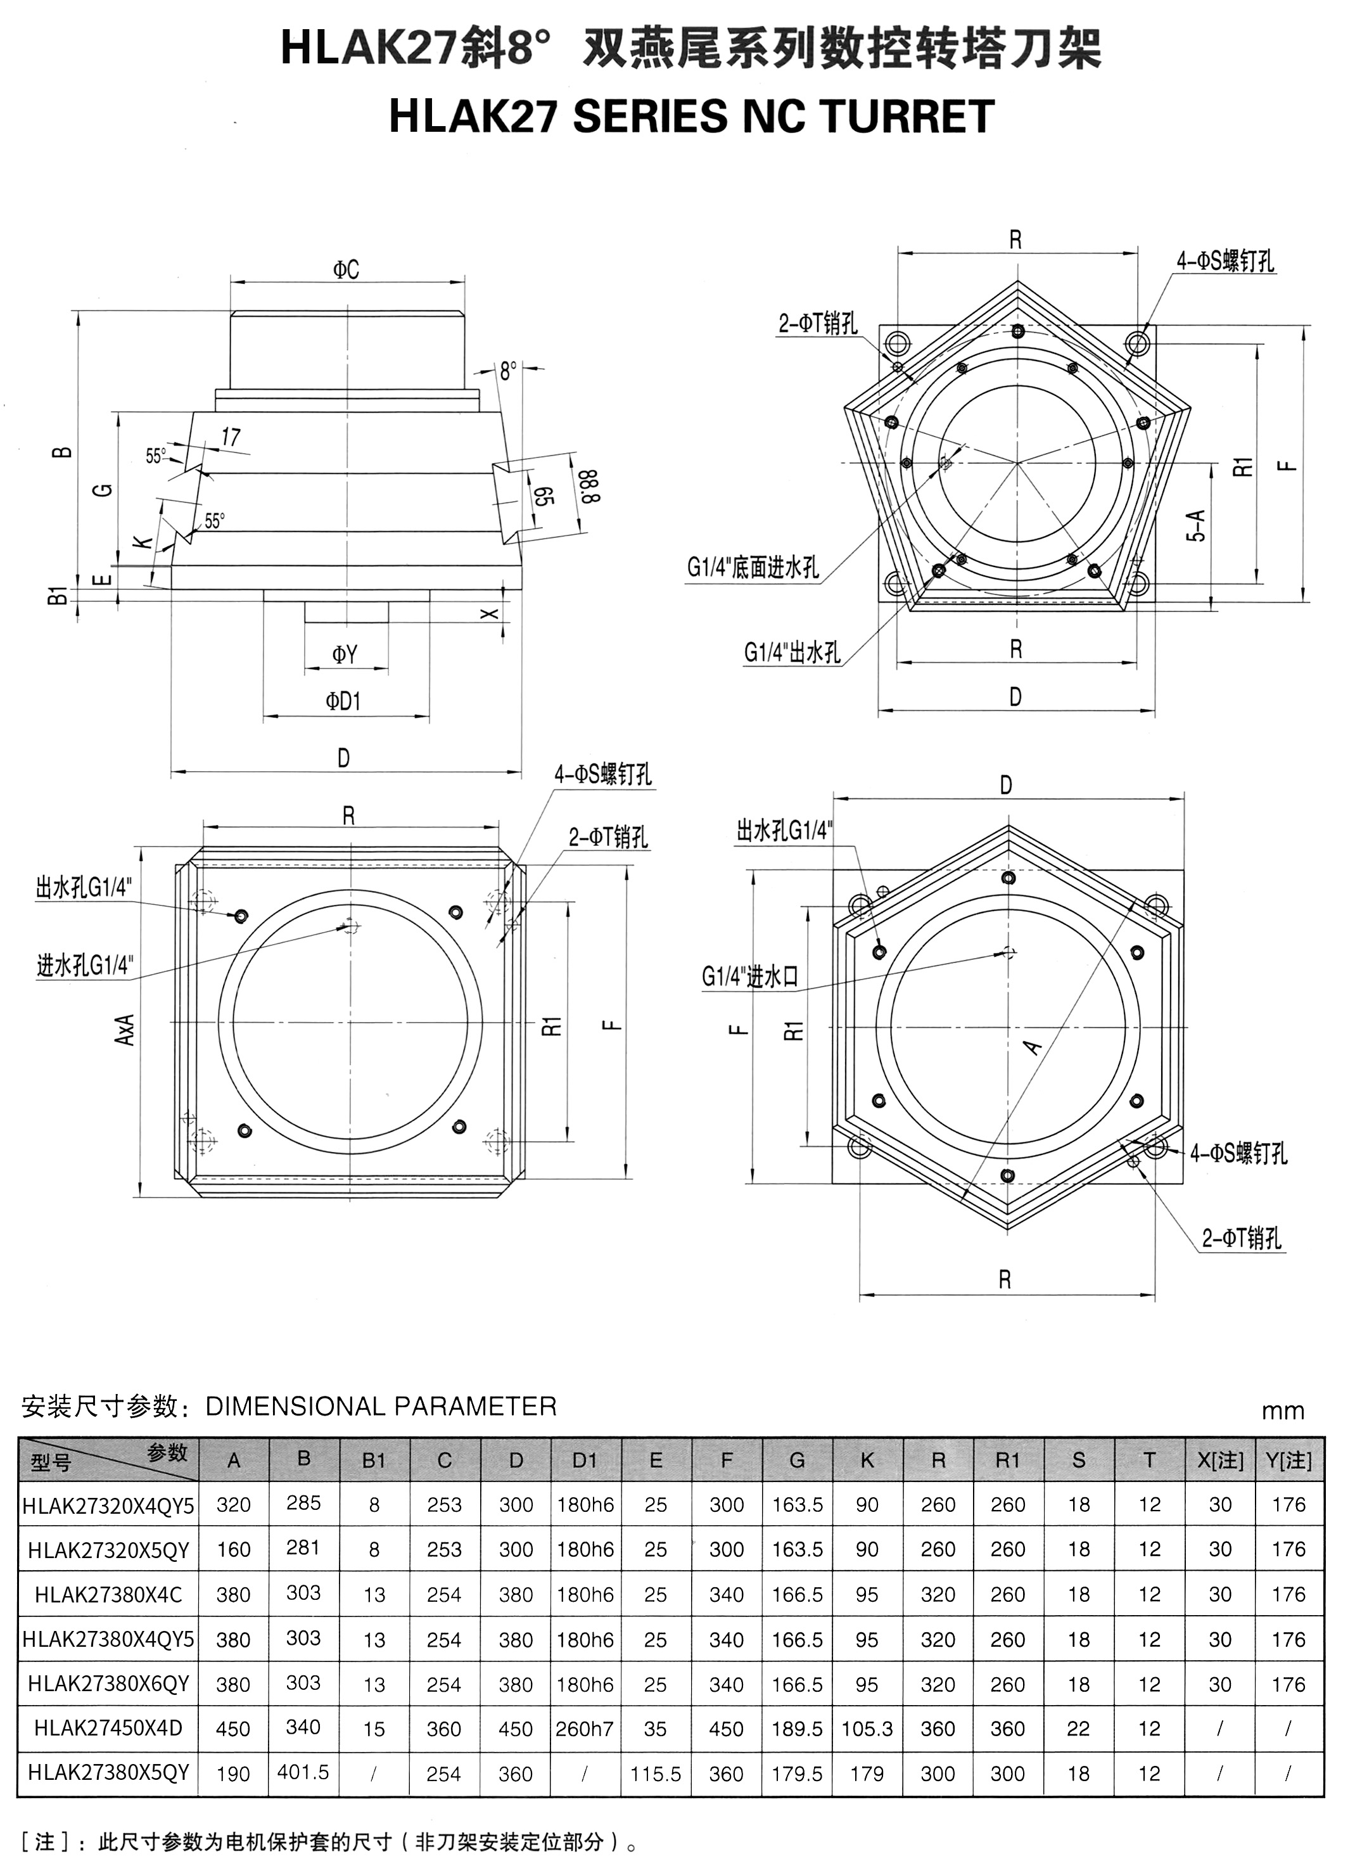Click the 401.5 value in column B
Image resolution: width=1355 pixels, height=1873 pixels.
303,1772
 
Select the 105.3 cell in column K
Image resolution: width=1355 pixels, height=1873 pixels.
867,1729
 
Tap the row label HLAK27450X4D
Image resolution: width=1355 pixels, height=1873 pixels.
108,1728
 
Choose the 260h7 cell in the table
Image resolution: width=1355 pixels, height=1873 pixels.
585,1729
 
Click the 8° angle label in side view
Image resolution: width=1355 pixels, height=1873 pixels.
509,371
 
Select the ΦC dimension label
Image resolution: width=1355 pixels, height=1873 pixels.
347,270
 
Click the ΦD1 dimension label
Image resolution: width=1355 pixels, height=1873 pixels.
343,701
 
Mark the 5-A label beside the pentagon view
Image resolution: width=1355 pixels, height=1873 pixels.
1197,525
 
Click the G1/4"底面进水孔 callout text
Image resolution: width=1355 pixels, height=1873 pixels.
753,568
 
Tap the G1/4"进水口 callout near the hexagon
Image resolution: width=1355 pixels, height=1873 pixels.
750,977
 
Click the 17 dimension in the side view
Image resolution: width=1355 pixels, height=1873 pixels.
231,437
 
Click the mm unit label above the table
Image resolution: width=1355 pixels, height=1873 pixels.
1282,1410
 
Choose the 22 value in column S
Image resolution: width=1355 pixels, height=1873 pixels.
1078,1729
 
